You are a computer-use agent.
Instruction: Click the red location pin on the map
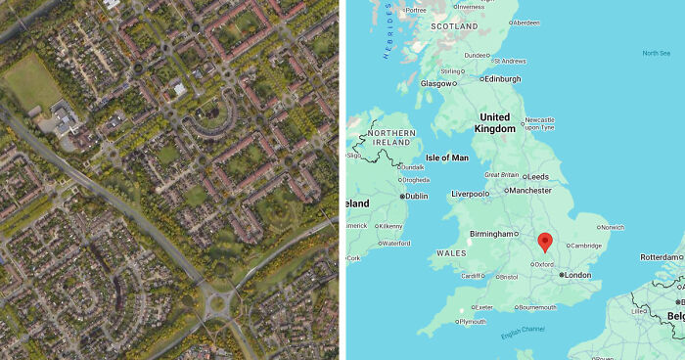point(545,241)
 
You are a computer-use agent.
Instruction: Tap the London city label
point(577,276)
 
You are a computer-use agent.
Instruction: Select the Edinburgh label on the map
point(503,79)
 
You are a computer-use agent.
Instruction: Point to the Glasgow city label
point(436,84)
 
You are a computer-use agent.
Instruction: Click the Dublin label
point(416,196)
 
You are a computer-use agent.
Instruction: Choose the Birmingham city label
point(491,234)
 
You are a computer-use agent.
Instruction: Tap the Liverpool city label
point(470,194)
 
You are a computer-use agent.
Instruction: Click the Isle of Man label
point(447,157)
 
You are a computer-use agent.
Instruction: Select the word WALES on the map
point(451,252)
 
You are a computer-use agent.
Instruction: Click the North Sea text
point(657,53)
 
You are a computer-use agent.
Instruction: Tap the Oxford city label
point(544,263)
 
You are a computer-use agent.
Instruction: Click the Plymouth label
point(472,321)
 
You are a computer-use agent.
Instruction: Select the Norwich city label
point(613,227)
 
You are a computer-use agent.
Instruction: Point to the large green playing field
point(31,81)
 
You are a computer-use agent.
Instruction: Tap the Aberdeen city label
point(525,22)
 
